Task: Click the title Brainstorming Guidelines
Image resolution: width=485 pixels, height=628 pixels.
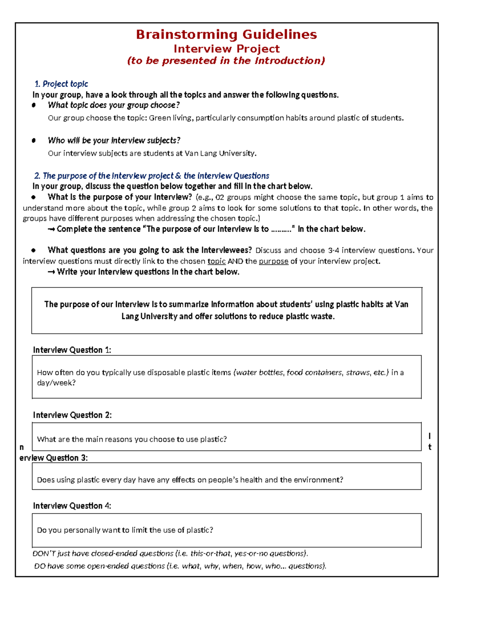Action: point(226,34)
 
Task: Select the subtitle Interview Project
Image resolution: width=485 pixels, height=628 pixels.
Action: point(226,49)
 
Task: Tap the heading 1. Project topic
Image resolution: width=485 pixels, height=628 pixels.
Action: point(61,84)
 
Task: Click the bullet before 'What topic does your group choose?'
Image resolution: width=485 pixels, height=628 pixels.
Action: point(34,105)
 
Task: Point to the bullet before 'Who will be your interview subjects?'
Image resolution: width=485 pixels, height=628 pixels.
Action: point(34,140)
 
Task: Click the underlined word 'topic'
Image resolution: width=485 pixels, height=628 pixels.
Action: point(216,261)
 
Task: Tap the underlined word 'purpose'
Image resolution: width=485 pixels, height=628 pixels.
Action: point(274,261)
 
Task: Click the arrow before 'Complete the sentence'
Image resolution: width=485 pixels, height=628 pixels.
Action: point(51,229)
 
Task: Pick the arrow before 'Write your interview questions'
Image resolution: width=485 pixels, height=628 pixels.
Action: point(51,272)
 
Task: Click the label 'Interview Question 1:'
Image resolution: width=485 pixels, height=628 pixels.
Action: point(72,350)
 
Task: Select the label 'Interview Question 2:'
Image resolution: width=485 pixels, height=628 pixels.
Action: point(72,415)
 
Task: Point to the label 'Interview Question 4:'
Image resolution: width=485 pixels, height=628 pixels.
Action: point(72,506)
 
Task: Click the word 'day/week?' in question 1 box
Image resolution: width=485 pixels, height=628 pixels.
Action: point(56,383)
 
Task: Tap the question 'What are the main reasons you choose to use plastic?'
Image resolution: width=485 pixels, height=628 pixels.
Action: point(132,439)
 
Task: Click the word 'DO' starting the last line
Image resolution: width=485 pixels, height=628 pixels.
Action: point(40,566)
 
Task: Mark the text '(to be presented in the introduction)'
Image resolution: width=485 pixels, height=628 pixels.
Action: point(226,61)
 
